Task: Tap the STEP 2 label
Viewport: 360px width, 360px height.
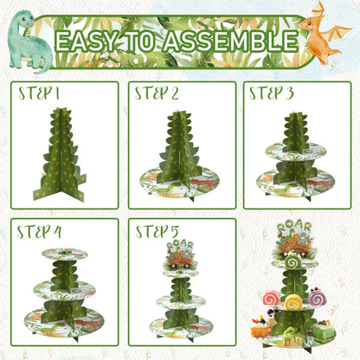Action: pyautogui.click(x=157, y=93)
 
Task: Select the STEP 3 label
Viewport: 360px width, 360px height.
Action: pyautogui.click(x=272, y=93)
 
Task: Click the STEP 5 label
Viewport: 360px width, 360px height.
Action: pyautogui.click(x=157, y=230)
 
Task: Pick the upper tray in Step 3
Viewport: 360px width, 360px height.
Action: pyautogui.click(x=298, y=151)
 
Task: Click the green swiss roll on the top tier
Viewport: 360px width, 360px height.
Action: pyautogui.click(x=293, y=260)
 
